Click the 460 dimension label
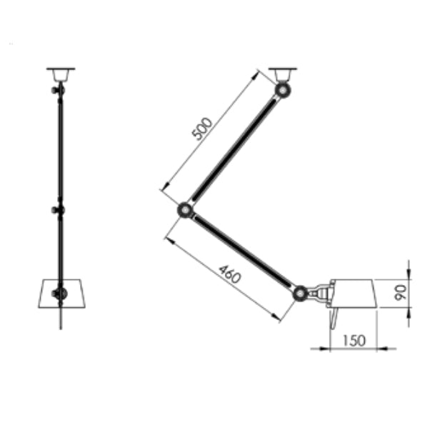pyautogui.click(x=229, y=273)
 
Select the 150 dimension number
pyautogui.click(x=353, y=341)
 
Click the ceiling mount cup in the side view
pyautogui.click(x=283, y=74)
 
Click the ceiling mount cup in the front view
pyautogui.click(x=61, y=74)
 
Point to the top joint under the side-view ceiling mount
pyautogui.click(x=284, y=91)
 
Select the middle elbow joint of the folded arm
pyautogui.click(x=185, y=210)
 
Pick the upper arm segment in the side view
pyautogui.click(x=234, y=150)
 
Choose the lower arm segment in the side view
pyautogui.click(x=243, y=251)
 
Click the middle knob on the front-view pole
pyautogui.click(x=58, y=210)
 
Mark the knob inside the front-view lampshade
pyautogui.click(x=59, y=293)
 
